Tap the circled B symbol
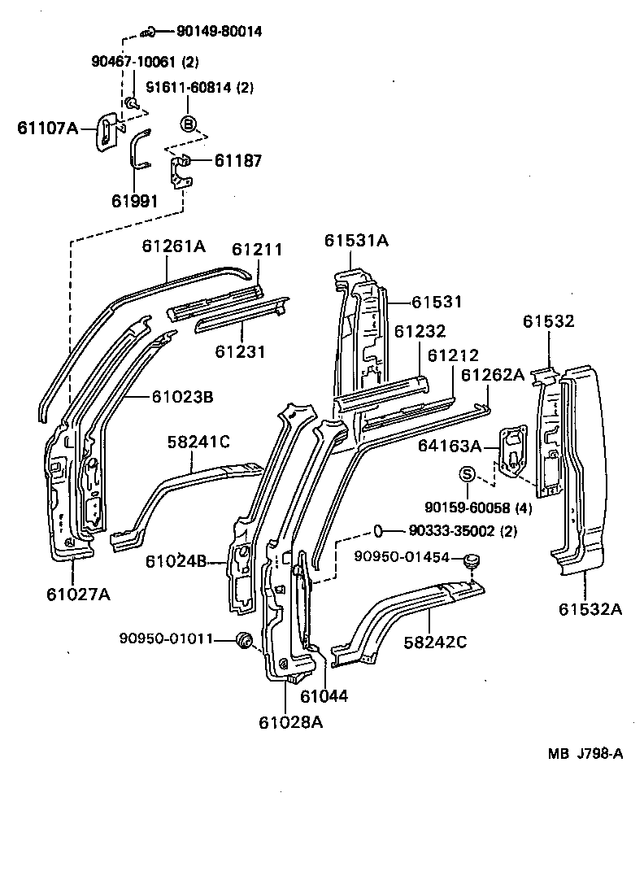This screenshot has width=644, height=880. [x=188, y=124]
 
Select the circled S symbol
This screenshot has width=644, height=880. [x=468, y=474]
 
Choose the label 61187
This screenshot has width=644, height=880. [x=237, y=161]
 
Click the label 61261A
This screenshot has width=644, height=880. [x=174, y=246]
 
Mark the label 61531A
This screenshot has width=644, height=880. [x=357, y=240]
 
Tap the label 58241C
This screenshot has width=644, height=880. [x=198, y=442]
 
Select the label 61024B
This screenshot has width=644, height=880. [x=176, y=560]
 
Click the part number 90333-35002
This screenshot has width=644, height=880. [x=446, y=531]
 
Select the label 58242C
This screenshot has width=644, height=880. [x=435, y=643]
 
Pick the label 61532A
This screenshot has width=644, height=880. [x=590, y=609]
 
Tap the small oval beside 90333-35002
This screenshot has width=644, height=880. [x=379, y=531]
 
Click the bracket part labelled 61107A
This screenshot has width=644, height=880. [x=107, y=131]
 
